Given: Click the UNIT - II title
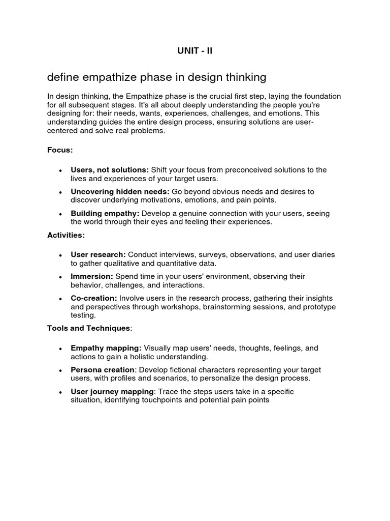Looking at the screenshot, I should click(195, 51).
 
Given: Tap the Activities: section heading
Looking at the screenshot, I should click(66, 236).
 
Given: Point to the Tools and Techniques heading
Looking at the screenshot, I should click(89, 328).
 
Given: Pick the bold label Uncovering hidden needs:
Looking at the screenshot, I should click(120, 192).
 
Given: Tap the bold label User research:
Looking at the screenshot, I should click(98, 254).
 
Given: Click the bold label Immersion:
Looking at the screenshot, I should click(91, 276).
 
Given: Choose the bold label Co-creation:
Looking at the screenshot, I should click(94, 298).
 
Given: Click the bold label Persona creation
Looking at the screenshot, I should click(103, 370).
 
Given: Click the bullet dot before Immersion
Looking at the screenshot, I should click(60, 277).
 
